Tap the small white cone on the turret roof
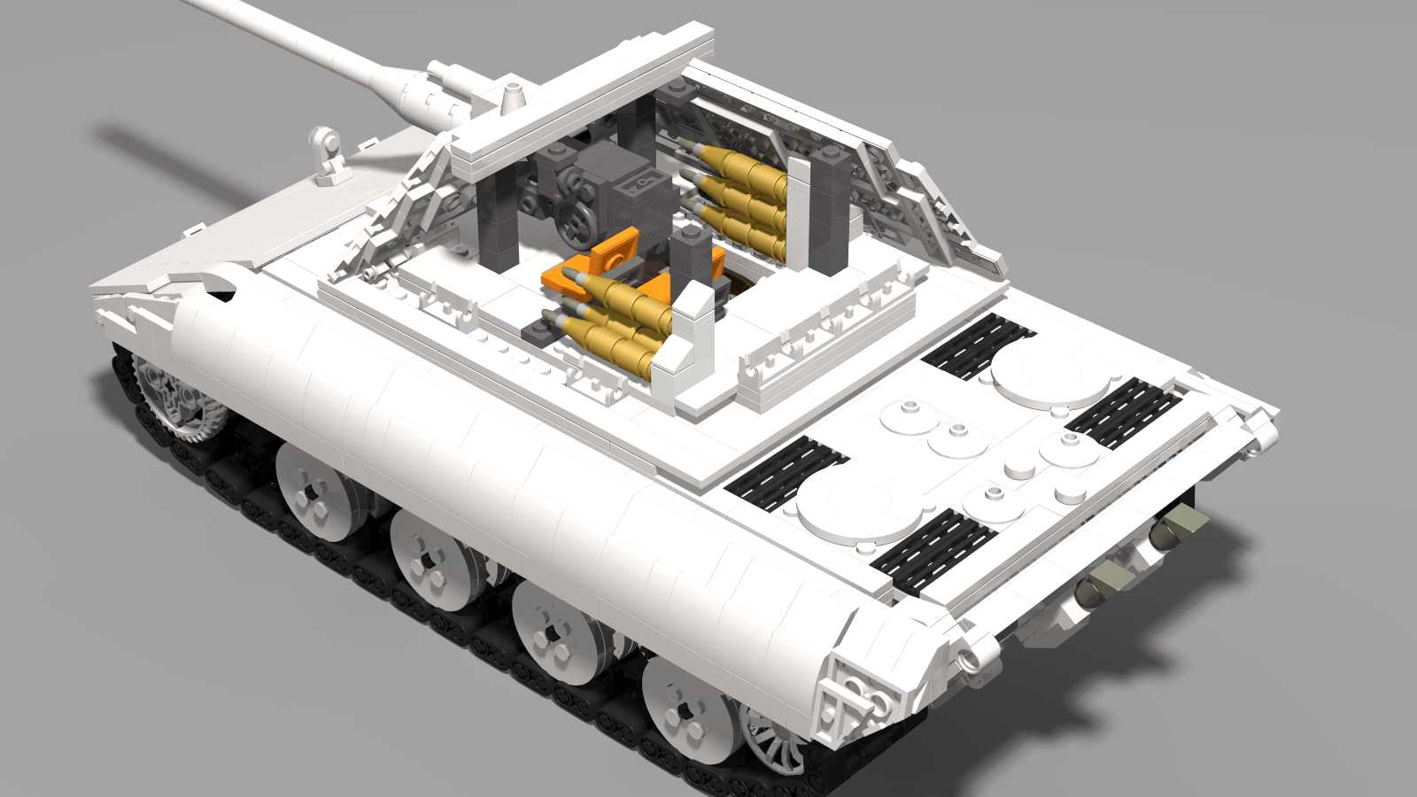[511, 96]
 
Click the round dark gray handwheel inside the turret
[577, 222]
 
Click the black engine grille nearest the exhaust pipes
[1123, 413]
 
